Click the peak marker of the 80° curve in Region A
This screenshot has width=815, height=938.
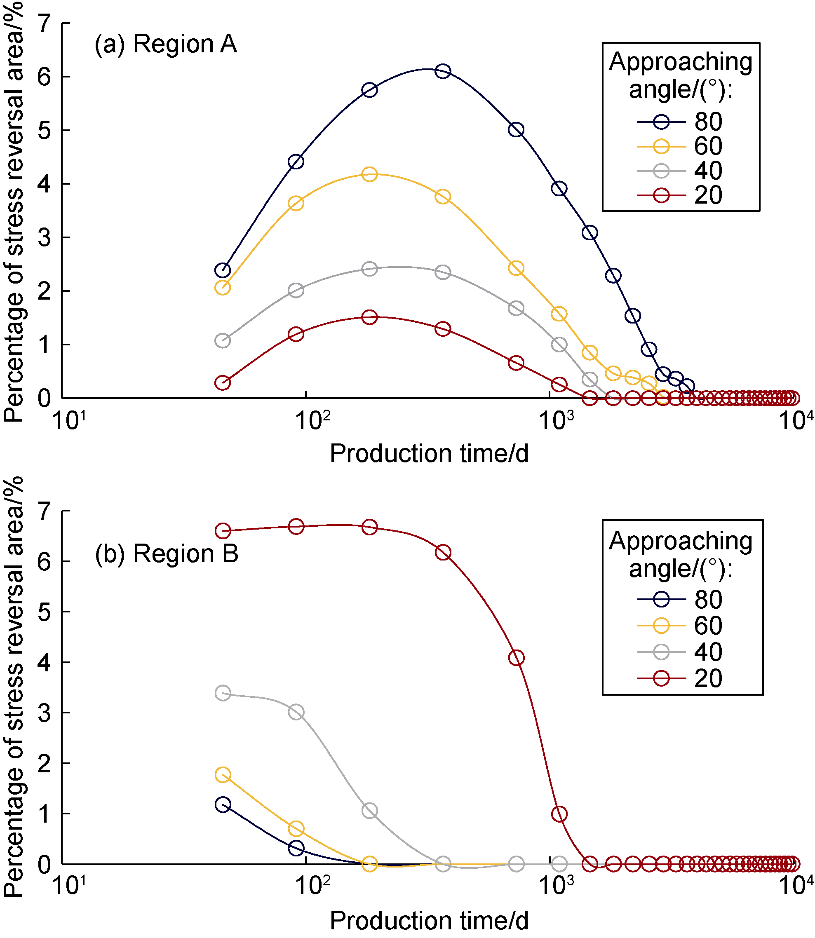(x=442, y=71)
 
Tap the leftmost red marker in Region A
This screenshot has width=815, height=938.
(x=222, y=383)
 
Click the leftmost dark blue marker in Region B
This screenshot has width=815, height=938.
(x=222, y=805)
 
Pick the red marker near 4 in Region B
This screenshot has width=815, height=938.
(x=516, y=658)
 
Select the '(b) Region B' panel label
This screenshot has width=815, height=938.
(x=167, y=554)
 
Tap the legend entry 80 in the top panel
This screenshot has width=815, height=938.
(x=708, y=122)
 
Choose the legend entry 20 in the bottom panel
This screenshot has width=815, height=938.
(x=708, y=678)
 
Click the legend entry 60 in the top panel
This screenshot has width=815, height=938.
(x=708, y=146)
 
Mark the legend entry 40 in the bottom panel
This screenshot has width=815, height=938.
(x=708, y=652)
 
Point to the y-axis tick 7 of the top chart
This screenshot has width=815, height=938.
(x=44, y=23)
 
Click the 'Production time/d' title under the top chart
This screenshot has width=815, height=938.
(x=429, y=453)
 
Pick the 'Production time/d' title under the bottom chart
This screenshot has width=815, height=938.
(x=429, y=921)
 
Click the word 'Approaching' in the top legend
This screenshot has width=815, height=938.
(x=680, y=61)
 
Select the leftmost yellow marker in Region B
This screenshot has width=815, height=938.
(x=222, y=775)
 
